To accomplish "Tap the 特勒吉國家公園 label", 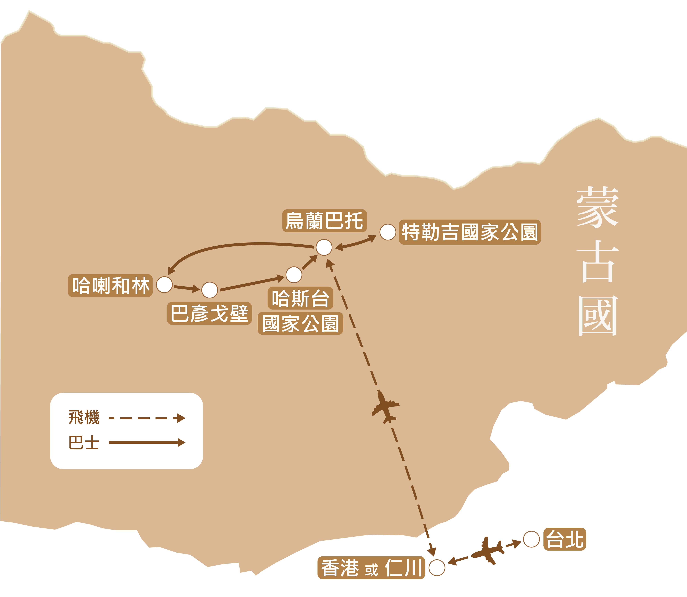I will click(x=470, y=232).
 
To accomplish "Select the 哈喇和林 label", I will click(x=110, y=285).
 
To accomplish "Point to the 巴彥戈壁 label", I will click(x=209, y=313).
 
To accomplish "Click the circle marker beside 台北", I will click(x=531, y=539).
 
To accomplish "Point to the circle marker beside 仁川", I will click(x=437, y=568).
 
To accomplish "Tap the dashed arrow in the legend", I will click(x=147, y=418).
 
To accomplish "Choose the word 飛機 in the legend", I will click(x=84, y=418).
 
